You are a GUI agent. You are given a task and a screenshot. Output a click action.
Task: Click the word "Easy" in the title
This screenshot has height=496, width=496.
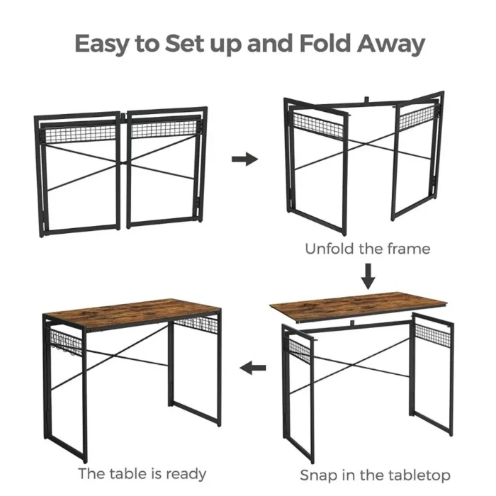click(104, 44)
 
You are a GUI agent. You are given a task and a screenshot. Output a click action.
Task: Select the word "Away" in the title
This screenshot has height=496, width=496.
click(392, 44)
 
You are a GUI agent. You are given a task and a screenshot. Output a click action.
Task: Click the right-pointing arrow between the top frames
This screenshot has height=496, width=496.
click(244, 159)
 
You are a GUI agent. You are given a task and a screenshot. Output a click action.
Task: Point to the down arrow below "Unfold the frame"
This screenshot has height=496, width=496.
click(368, 276)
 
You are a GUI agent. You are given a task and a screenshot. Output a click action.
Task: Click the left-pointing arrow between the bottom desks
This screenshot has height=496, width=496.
click(253, 368)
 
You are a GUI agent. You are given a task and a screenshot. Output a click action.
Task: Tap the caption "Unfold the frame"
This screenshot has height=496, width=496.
click(367, 249)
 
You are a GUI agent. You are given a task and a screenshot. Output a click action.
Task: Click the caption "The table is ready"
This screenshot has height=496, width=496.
click(142, 473)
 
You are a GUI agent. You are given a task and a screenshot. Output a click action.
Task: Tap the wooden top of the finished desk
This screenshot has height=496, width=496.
click(131, 312)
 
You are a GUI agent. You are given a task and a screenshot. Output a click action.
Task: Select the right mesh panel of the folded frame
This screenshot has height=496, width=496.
click(165, 130)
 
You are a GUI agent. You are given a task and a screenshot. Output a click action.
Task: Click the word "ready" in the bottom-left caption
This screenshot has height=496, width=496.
click(184, 474)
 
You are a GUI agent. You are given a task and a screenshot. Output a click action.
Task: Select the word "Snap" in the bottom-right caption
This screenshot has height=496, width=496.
click(317, 475)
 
